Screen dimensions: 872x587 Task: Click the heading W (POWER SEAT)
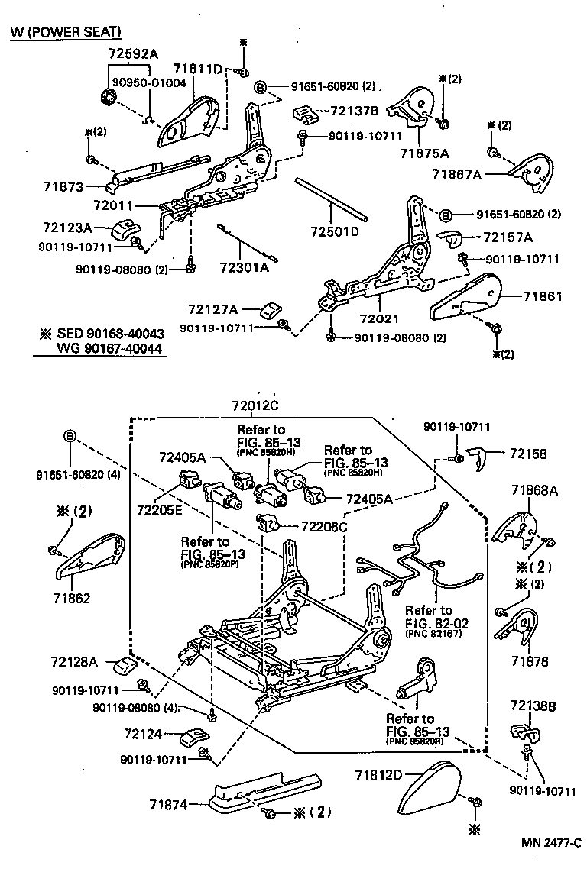point(66,33)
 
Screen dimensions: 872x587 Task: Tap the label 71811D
point(197,69)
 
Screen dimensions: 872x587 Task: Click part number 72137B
point(355,111)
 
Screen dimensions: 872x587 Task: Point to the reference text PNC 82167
point(434,634)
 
